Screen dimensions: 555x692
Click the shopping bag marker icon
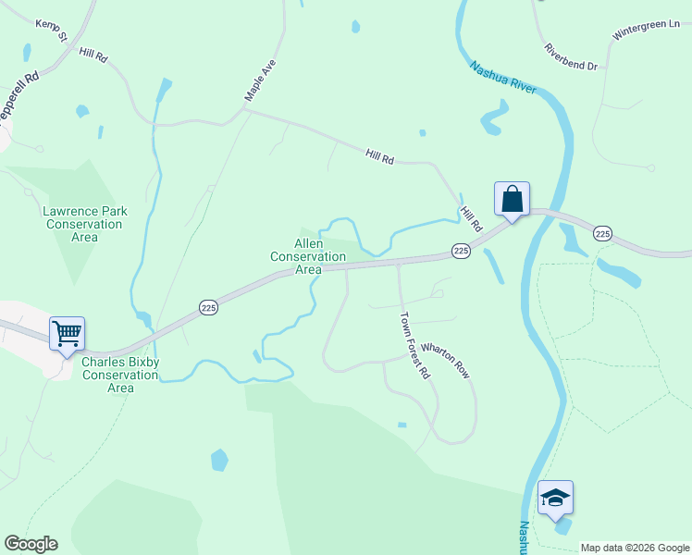pyautogui.click(x=512, y=198)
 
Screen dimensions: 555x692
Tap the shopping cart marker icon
pyautogui.click(x=68, y=334)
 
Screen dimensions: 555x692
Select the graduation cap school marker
pyautogui.click(x=555, y=498)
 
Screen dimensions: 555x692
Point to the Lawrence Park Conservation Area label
pyautogui.click(x=84, y=225)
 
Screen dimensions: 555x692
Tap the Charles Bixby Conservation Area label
pyautogui.click(x=120, y=375)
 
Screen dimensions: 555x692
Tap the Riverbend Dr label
pyautogui.click(x=571, y=56)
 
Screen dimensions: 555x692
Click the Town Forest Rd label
pyautogui.click(x=414, y=345)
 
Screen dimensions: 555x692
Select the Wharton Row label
pyautogui.click(x=445, y=361)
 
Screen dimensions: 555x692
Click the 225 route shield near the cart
pyautogui.click(x=209, y=307)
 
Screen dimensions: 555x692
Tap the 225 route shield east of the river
pyautogui.click(x=603, y=234)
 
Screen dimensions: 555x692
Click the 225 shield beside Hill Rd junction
pyautogui.click(x=462, y=251)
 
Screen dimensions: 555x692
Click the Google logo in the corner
pyautogui.click(x=31, y=544)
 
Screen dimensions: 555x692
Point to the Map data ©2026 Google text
pyautogui.click(x=634, y=548)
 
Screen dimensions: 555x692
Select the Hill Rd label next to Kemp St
pyautogui.click(x=93, y=55)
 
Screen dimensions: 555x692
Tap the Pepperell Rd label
pyautogui.click(x=19, y=93)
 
